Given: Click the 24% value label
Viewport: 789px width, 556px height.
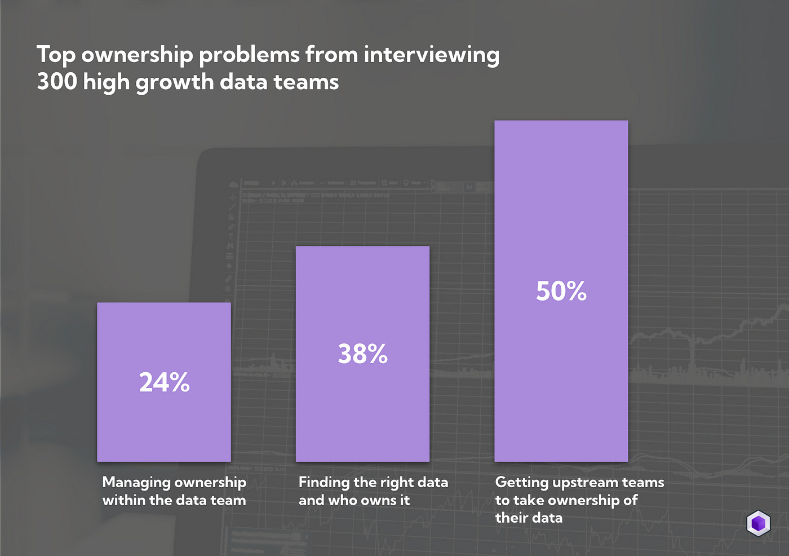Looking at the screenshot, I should pyautogui.click(x=164, y=382).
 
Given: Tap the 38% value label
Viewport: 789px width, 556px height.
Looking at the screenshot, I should pyautogui.click(x=362, y=354).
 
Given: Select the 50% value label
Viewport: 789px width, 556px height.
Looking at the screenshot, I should pyautogui.click(x=561, y=291).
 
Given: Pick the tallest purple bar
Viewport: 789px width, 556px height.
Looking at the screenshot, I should pyautogui.click(x=561, y=197).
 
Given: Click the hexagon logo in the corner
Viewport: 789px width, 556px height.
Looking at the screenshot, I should pyautogui.click(x=759, y=523).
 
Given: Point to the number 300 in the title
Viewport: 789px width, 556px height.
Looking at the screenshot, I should pyautogui.click(x=57, y=82).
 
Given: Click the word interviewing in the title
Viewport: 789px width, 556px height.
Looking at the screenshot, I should pyautogui.click(x=432, y=55).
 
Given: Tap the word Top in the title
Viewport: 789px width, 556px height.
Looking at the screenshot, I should pyautogui.click(x=55, y=55).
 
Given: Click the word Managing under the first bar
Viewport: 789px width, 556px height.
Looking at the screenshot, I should pyautogui.click(x=136, y=483).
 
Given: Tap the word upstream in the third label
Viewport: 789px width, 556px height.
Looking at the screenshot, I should pyautogui.click(x=585, y=483).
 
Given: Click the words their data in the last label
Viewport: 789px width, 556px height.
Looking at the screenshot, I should pyautogui.click(x=529, y=518).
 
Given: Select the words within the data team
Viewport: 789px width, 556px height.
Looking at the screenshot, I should pyautogui.click(x=174, y=500).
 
